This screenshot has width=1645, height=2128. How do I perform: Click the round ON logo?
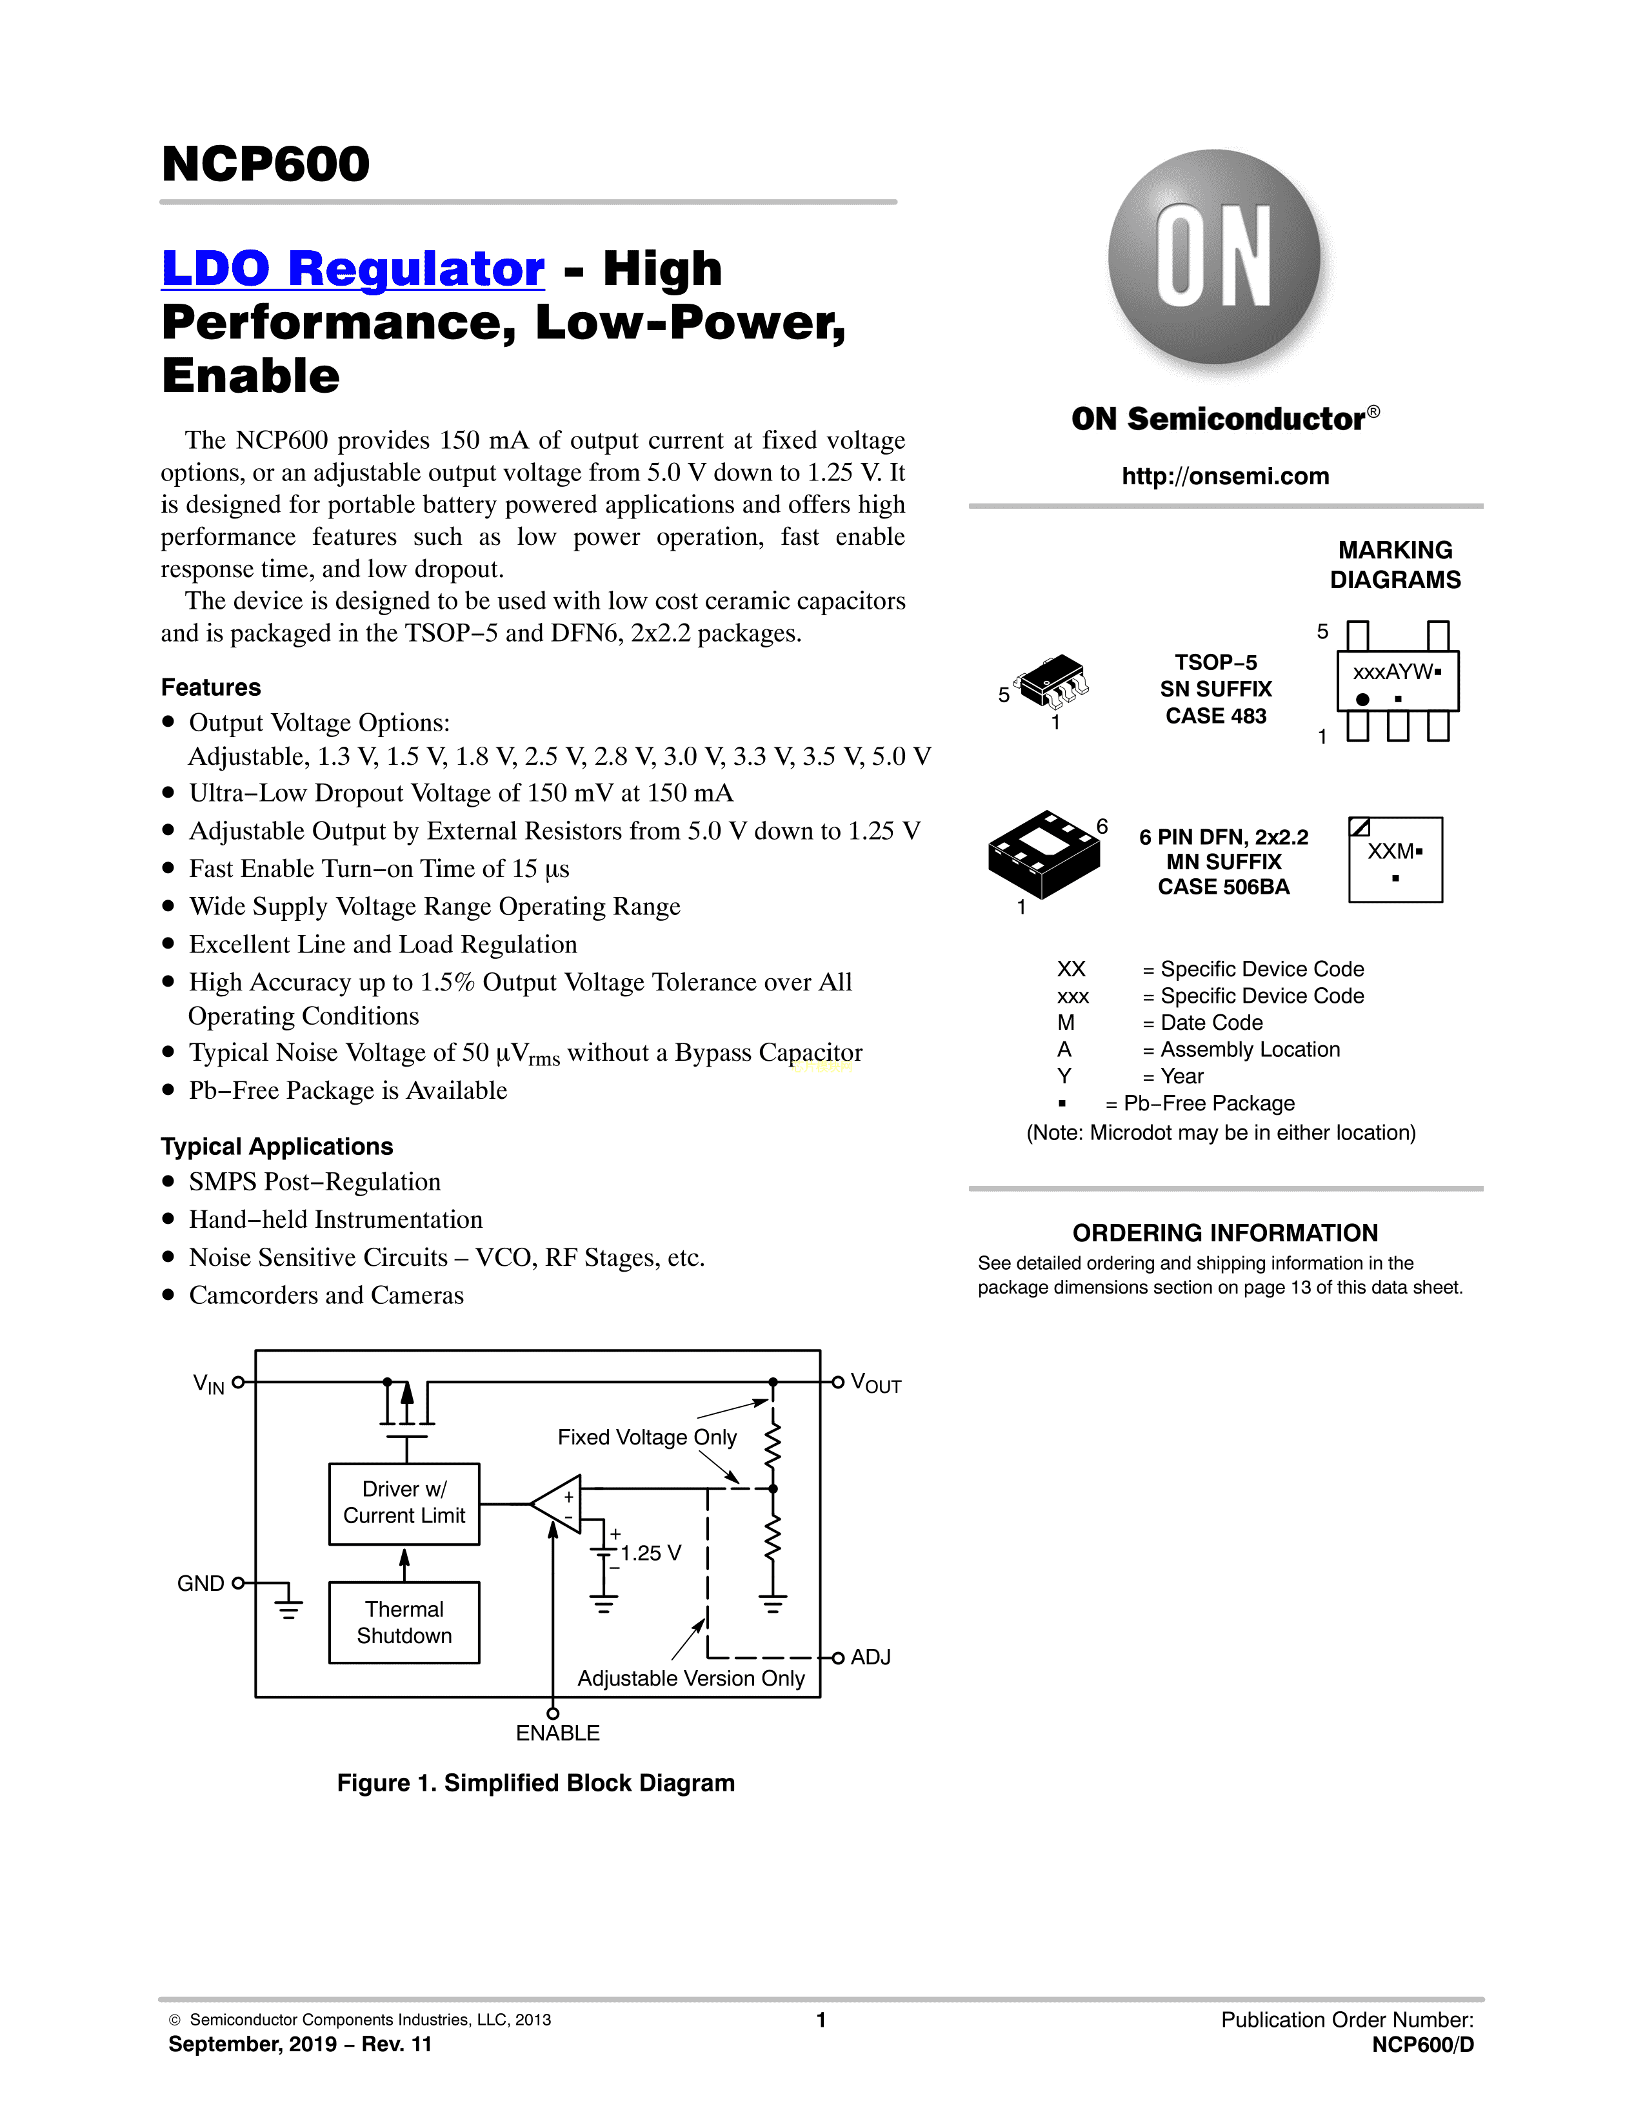pyautogui.click(x=1214, y=256)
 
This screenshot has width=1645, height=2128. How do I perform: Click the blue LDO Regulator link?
pyautogui.click(x=353, y=268)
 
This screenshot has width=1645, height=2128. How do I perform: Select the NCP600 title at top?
pyautogui.click(x=266, y=164)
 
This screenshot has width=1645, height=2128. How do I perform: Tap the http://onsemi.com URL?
pyautogui.click(x=1225, y=477)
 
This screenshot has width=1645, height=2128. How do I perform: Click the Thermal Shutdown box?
pyautogui.click(x=404, y=1622)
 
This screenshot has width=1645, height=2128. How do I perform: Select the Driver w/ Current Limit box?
pyautogui.click(x=404, y=1502)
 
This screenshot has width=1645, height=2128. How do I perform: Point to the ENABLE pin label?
pyautogui.click(x=557, y=1733)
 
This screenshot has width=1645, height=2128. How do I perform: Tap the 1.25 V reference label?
pyautogui.click(x=651, y=1553)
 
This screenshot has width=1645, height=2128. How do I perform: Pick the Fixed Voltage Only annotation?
pyautogui.click(x=647, y=1437)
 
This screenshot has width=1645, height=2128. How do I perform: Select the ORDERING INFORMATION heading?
pyautogui.click(x=1225, y=1234)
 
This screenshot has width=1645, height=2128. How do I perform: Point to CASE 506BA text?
pyautogui.click(x=1223, y=887)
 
